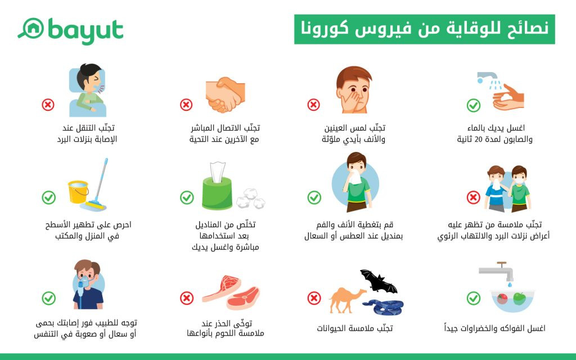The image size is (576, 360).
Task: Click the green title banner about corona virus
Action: click(x=424, y=29)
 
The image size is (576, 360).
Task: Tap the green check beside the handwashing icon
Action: click(x=474, y=105)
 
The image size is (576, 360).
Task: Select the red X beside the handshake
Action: click(x=186, y=105)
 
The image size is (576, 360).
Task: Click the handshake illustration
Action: click(x=225, y=94)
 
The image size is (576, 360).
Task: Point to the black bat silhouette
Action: click(x=379, y=281)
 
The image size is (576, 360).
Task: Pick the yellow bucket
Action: click(x=78, y=192)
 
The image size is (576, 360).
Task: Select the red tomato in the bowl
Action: click(x=502, y=298)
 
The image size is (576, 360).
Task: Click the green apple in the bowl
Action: click(x=519, y=298)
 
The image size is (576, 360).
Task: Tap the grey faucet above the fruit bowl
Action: click(x=497, y=272)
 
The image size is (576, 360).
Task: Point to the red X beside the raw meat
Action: click(x=187, y=298)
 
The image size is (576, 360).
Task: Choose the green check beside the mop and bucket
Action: click(x=48, y=197)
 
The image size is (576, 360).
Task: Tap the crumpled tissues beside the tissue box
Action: click(x=250, y=199)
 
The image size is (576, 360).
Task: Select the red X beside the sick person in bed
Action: click(x=48, y=105)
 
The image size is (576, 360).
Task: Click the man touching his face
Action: click(x=353, y=89)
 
